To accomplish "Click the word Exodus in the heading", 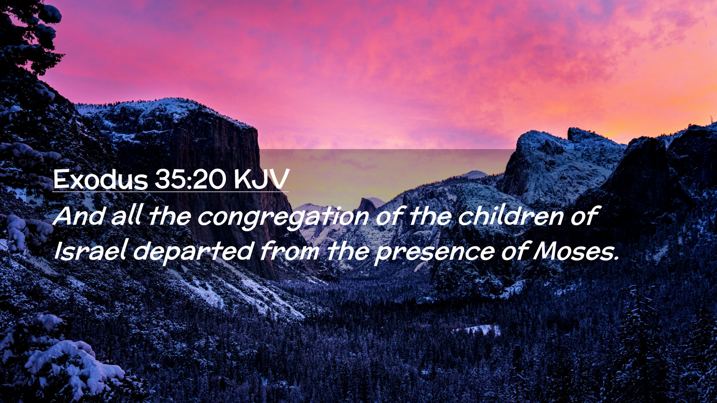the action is coord(100,179).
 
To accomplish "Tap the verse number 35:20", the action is coord(190,179).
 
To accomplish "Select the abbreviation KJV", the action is coord(261,179).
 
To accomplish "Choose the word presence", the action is coord(435,253).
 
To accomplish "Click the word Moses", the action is coord(576,251).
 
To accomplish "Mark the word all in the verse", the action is coord(127,215).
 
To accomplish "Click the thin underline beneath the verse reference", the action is coord(170,192).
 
